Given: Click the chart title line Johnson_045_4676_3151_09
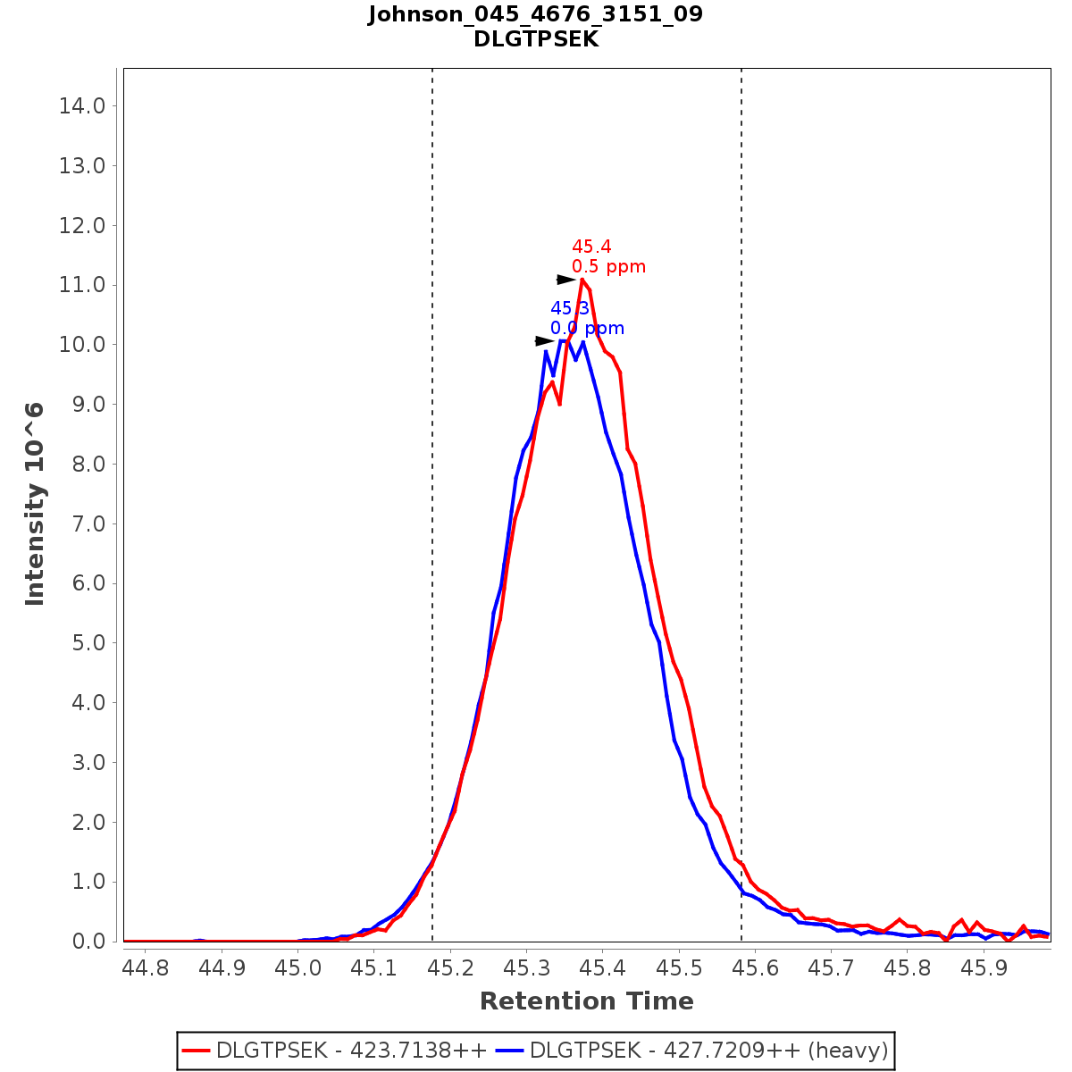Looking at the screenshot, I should click(x=535, y=15).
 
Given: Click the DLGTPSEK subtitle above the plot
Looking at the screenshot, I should click(x=535, y=39).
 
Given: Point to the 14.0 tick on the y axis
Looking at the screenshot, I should click(x=82, y=106).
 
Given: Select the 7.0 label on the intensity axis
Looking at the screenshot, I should click(x=82, y=523).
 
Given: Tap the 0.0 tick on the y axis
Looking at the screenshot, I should click(x=82, y=942).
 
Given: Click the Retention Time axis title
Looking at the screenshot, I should click(x=586, y=1001).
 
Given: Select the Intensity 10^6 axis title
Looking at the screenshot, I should click(x=35, y=504).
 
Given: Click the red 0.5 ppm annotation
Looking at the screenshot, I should click(x=608, y=267).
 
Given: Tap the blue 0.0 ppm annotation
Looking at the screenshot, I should click(x=587, y=329).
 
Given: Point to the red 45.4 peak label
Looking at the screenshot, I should click(x=591, y=247).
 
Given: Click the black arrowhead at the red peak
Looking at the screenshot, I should click(x=566, y=280).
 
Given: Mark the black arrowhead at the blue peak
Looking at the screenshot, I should click(x=544, y=341).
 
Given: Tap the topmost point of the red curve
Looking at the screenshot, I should click(x=582, y=280).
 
